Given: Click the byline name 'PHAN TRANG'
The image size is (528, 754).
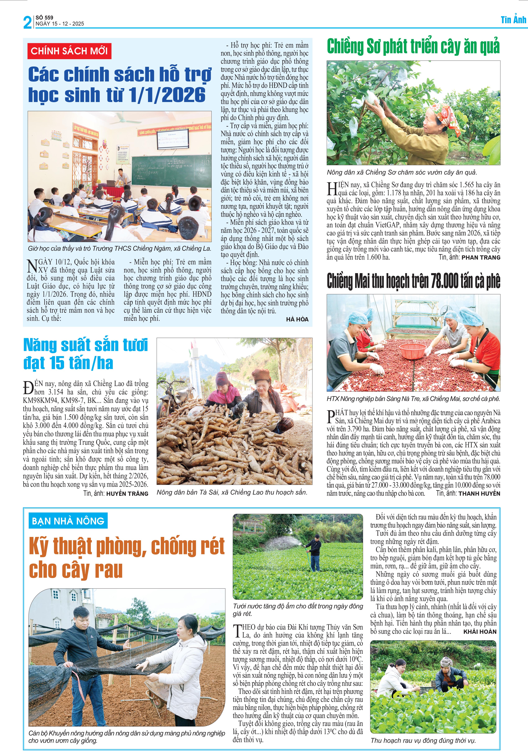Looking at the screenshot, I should click(x=481, y=257).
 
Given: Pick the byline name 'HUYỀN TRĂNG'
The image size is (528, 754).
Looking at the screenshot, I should click(x=127, y=494).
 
